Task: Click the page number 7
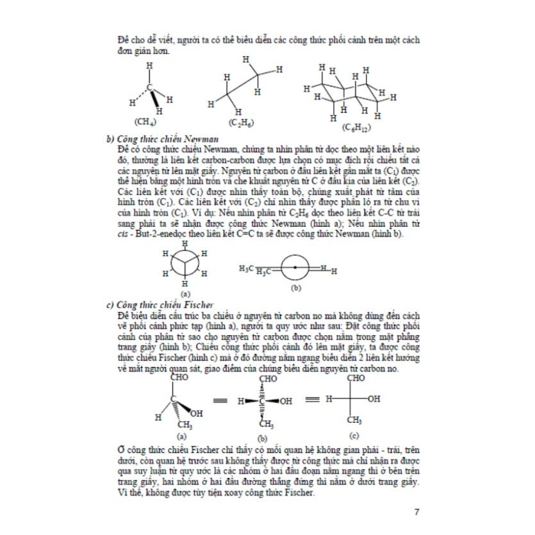point(416,511)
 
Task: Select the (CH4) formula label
point(145,121)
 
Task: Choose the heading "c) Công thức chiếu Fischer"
point(159,304)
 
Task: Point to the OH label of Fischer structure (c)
point(374,399)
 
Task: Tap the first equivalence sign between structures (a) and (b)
point(220,400)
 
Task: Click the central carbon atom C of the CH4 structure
point(150,87)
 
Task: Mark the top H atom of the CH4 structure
point(150,65)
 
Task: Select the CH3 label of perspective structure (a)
point(185,425)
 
